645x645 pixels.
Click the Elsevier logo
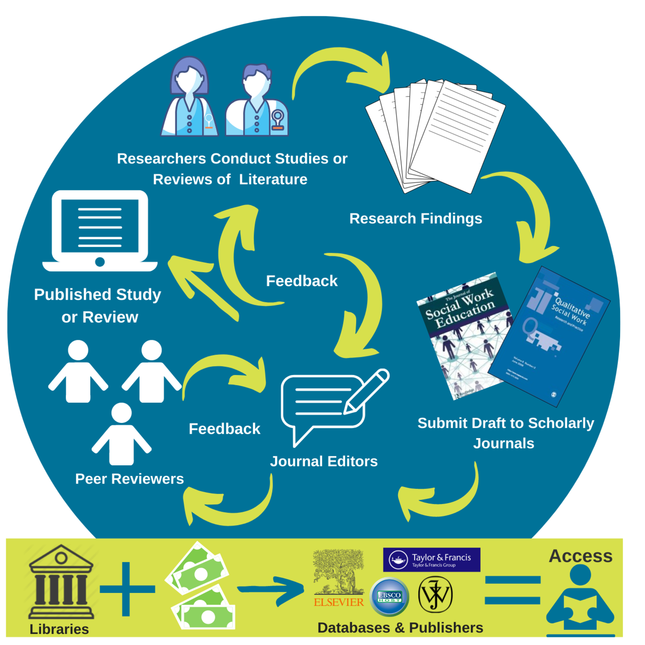click(x=338, y=579)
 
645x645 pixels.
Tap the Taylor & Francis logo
click(x=431, y=559)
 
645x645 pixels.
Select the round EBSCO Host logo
click(x=389, y=596)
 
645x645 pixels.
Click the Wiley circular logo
click(x=435, y=594)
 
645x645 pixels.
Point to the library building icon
click(x=61, y=582)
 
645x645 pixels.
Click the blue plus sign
click(x=127, y=589)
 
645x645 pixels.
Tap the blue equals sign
click(x=512, y=590)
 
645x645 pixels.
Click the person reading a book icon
click(x=580, y=600)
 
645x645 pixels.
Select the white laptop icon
click(x=100, y=231)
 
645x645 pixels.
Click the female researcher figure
click(x=189, y=98)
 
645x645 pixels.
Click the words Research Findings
click(x=416, y=218)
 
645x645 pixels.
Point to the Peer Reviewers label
click(x=129, y=479)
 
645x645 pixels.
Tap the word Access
click(x=580, y=556)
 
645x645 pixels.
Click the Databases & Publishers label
click(x=400, y=627)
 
